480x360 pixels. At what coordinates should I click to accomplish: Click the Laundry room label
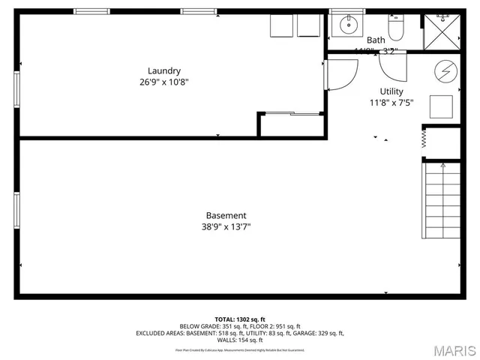(x=163, y=71)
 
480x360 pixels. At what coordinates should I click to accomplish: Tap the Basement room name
(x=226, y=215)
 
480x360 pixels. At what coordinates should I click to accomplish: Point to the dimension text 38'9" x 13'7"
(x=226, y=226)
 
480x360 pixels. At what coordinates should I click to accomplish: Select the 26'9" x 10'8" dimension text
(x=163, y=82)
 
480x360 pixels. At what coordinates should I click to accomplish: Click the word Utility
(x=391, y=91)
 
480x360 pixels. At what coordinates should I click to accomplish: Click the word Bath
(x=376, y=40)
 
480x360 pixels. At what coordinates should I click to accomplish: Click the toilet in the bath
(x=395, y=27)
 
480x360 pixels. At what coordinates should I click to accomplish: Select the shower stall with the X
(x=441, y=31)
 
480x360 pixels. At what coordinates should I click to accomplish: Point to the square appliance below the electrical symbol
(x=441, y=106)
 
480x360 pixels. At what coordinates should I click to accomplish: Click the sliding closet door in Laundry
(x=291, y=113)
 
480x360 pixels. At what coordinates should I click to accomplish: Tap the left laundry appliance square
(x=280, y=26)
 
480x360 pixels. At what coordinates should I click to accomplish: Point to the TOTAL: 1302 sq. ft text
(x=239, y=319)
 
